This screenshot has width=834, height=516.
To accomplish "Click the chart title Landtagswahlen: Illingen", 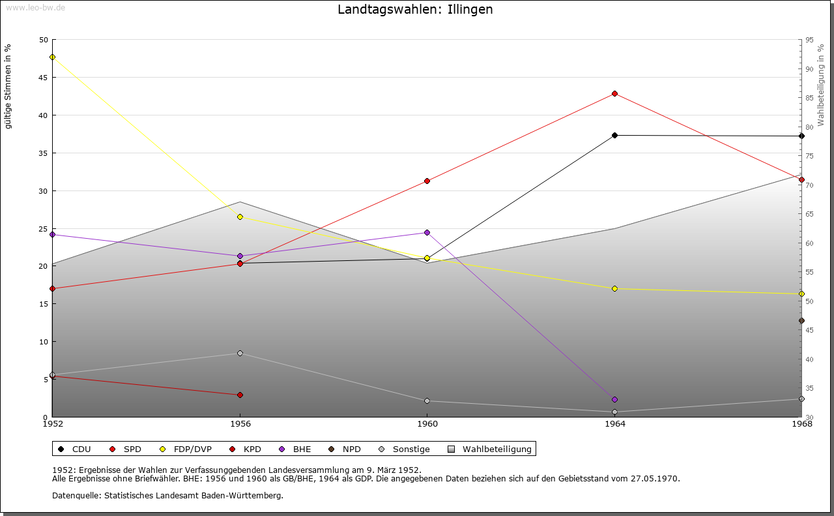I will point(415,10).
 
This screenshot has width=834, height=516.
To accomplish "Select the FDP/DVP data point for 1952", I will point(52,57).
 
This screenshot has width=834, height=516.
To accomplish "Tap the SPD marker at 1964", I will point(614,93).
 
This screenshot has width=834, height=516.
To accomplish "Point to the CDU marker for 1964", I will point(614,135).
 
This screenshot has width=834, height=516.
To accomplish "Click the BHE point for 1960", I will point(427,232).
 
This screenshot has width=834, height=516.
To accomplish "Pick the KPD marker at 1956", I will point(240,395).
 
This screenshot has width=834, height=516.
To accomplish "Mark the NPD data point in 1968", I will point(801,320).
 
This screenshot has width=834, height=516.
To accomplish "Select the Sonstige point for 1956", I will point(240,353).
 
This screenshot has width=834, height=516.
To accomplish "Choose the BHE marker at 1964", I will point(614,399).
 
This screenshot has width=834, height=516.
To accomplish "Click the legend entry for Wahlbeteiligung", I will point(496,449).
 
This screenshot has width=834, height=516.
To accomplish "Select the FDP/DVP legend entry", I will point(192,449).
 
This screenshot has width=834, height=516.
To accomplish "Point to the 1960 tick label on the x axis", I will point(427,423).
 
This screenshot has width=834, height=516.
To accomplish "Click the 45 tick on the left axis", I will point(43,78).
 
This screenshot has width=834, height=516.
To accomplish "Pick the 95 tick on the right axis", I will point(809,40).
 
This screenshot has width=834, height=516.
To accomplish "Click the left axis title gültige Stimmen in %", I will point(8,86).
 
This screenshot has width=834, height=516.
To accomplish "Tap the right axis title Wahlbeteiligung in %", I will point(821,85).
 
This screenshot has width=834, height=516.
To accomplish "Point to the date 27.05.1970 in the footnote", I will point(655,478).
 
